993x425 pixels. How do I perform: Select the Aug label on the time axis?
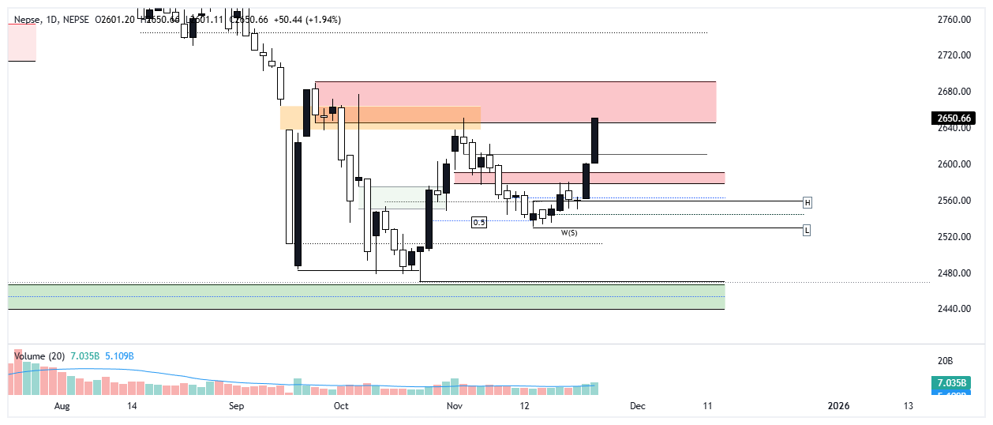63,406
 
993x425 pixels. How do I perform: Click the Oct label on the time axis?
341,406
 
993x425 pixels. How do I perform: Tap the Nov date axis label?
454,406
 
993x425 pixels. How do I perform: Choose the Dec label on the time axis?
638,406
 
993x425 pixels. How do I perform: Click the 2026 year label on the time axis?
838,406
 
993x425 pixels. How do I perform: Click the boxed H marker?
808,202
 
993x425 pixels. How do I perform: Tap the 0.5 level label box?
479,223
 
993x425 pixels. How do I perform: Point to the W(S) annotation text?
568,233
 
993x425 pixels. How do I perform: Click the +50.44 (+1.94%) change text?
312,19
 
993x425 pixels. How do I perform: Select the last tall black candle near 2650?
594,141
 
